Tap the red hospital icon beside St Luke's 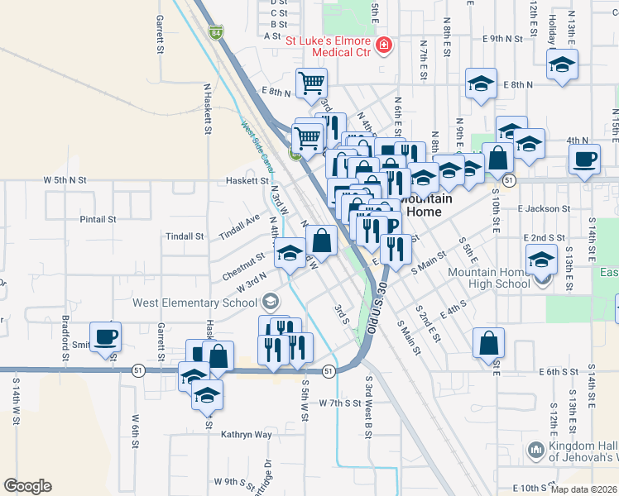click(x=383, y=45)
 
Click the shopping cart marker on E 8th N click(x=311, y=83)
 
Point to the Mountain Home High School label click(x=488, y=278)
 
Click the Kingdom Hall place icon click(x=535, y=451)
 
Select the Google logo click(x=28, y=485)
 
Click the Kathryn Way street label click(x=246, y=434)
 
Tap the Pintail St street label click(x=98, y=219)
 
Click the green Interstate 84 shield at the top click(x=215, y=33)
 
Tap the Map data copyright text click(x=584, y=489)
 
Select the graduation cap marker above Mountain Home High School click(x=541, y=262)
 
